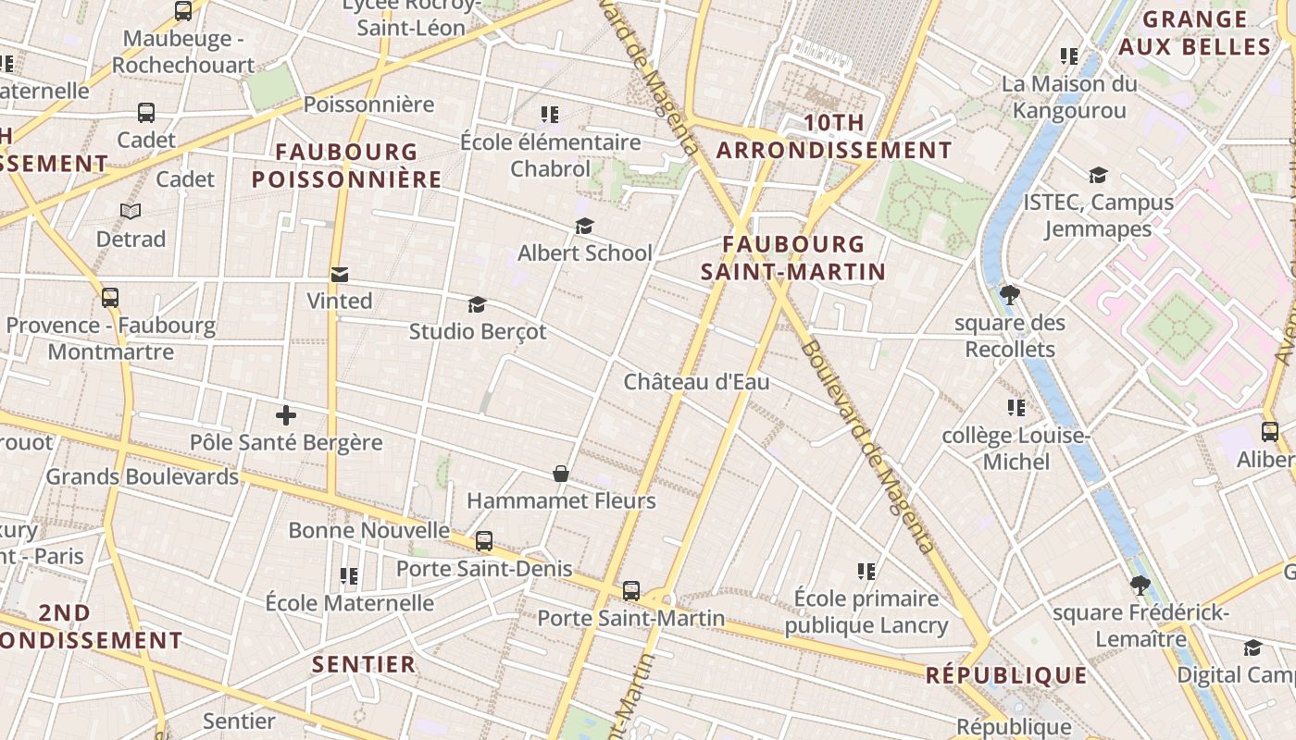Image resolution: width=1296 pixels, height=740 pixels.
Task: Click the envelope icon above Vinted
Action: pos(340,275)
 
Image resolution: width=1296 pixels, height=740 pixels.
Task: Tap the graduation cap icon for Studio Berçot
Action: pos(478,304)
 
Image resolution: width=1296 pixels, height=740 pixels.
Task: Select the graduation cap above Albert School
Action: pos(584,227)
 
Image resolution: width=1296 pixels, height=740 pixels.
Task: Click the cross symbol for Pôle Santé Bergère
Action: pos(286,415)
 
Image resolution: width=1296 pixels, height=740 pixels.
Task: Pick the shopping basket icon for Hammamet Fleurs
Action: pos(561,474)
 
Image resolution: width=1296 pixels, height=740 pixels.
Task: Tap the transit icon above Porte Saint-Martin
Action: pos(631,590)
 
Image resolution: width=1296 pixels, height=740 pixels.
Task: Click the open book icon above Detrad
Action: pos(131,212)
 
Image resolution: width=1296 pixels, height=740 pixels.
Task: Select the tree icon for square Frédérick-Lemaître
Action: pos(1140,586)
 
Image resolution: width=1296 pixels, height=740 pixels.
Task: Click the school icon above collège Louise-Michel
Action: pos(1016,408)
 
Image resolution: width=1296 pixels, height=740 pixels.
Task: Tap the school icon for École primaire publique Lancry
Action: pos(866,572)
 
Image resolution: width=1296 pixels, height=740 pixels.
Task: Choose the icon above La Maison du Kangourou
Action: pos(1069,56)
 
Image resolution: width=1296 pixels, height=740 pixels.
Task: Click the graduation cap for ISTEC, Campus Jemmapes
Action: pos(1098,175)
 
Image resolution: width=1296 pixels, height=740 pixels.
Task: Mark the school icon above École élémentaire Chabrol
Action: pos(550,115)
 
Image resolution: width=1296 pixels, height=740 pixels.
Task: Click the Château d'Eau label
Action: pos(696,382)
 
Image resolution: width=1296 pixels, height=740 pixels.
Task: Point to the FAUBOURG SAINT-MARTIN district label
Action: pos(793,258)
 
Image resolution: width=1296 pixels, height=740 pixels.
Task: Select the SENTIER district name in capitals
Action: pos(364,664)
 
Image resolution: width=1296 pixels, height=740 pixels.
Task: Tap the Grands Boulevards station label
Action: pos(143,477)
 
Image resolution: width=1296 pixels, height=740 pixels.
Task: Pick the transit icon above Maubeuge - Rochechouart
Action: pos(183,11)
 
